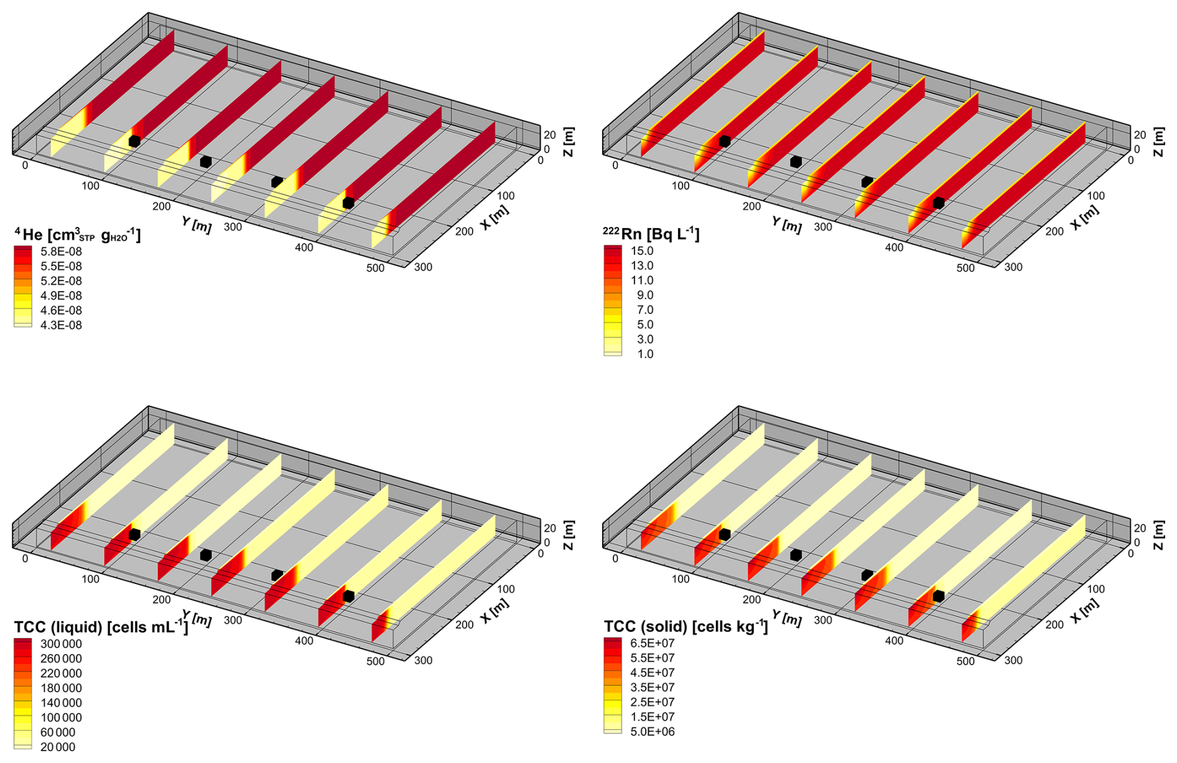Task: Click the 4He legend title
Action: coord(78,234)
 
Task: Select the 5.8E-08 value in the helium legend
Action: coord(61,251)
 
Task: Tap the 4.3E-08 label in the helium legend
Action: coord(61,325)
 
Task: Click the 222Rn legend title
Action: coord(651,234)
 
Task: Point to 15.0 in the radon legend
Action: coord(642,251)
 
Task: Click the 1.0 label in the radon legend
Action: coord(645,354)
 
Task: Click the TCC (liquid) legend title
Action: coord(101,627)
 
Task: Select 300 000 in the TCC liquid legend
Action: coord(61,644)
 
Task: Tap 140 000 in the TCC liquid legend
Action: coord(61,703)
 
